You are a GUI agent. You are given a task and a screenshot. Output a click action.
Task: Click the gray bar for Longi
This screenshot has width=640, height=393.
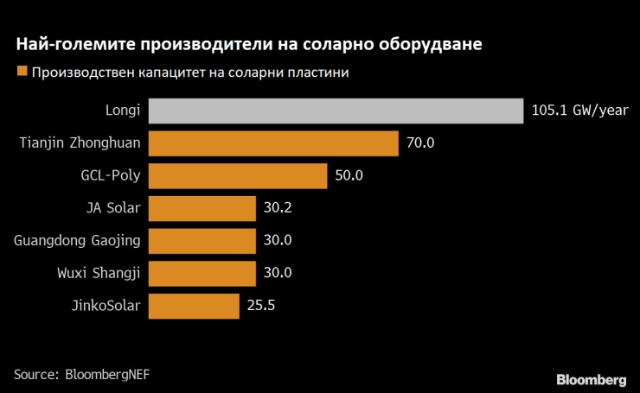[x=336, y=111]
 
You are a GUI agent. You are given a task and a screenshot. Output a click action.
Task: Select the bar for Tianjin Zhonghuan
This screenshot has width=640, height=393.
[x=273, y=143]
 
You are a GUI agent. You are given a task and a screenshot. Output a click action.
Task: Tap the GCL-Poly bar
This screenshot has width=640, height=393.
[x=238, y=176]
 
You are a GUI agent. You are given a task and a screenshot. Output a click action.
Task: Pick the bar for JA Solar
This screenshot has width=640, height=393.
[x=202, y=208]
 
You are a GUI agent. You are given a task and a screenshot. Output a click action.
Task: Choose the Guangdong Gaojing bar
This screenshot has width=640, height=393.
[x=202, y=241]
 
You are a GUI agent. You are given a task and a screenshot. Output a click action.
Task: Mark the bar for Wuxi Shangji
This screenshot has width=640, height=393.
[x=202, y=273]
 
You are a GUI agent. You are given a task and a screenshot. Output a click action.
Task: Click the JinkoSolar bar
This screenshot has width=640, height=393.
[x=194, y=306]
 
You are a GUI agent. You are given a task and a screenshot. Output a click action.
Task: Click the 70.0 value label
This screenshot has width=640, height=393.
[x=419, y=143]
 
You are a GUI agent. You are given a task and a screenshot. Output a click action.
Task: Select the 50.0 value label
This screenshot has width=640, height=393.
[x=349, y=176]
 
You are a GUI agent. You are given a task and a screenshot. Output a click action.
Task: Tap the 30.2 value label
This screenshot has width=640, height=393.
[x=278, y=208]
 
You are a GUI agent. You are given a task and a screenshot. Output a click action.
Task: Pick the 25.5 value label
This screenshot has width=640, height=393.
[x=260, y=306]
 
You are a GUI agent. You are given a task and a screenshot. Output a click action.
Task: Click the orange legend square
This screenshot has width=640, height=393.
[x=20, y=73]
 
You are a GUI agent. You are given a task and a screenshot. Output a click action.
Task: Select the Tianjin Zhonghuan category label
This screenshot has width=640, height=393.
[x=80, y=143]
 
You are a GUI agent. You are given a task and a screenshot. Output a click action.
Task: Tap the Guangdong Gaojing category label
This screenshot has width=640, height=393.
[x=78, y=241]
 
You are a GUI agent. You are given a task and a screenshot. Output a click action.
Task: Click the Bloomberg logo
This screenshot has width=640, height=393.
[x=591, y=379]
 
